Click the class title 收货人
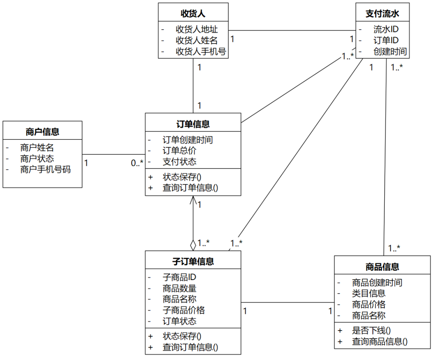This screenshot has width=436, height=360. [193, 13]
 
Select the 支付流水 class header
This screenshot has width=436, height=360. [382, 13]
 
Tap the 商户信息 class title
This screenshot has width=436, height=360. [42, 132]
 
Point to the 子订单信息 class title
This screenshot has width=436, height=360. [193, 261]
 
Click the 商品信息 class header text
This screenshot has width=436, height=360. [382, 266]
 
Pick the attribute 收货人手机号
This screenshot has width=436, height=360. [201, 52]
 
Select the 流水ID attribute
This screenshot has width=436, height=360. [386, 29]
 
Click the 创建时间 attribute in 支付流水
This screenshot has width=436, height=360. [390, 52]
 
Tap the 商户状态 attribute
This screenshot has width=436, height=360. [37, 159]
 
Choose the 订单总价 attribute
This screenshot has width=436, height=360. [180, 151]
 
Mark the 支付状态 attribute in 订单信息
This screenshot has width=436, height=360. [180, 162]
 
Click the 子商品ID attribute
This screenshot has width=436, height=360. [180, 277]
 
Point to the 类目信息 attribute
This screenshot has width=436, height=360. [369, 293]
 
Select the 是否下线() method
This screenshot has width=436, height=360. [371, 330]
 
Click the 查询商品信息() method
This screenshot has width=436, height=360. [380, 341]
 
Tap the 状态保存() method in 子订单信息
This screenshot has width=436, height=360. [182, 336]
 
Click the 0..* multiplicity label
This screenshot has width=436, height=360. [137, 163]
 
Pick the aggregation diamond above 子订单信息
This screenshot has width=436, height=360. [193, 245]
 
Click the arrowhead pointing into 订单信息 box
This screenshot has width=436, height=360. [193, 200]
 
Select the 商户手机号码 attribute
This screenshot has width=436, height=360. [45, 170]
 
